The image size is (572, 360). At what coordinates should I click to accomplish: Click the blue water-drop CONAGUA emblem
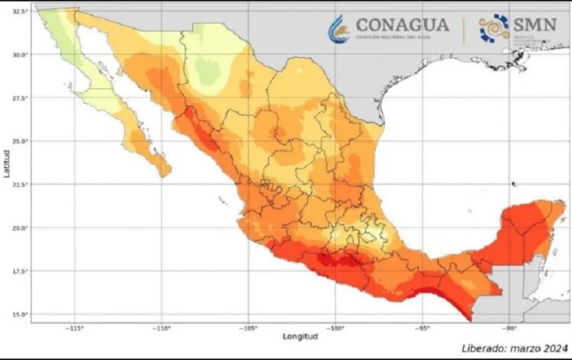(339, 29)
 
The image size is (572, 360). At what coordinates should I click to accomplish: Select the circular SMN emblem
(494, 28)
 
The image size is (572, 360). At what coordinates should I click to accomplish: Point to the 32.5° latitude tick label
(21, 11)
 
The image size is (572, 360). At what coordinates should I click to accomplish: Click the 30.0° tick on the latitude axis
(21, 55)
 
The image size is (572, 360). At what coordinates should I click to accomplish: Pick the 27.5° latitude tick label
(21, 98)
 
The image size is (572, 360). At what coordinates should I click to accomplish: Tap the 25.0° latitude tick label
(21, 142)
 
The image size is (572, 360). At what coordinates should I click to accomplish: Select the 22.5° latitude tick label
(21, 185)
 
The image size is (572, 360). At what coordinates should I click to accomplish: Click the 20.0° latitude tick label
(21, 228)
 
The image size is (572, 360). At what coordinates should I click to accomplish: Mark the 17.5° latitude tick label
(21, 272)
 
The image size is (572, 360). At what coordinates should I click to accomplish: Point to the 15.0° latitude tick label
(21, 314)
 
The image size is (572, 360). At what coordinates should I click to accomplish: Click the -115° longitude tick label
(74, 329)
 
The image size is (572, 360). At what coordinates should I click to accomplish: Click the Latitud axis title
(6, 164)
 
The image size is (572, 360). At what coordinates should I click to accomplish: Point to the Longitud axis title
(299, 337)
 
